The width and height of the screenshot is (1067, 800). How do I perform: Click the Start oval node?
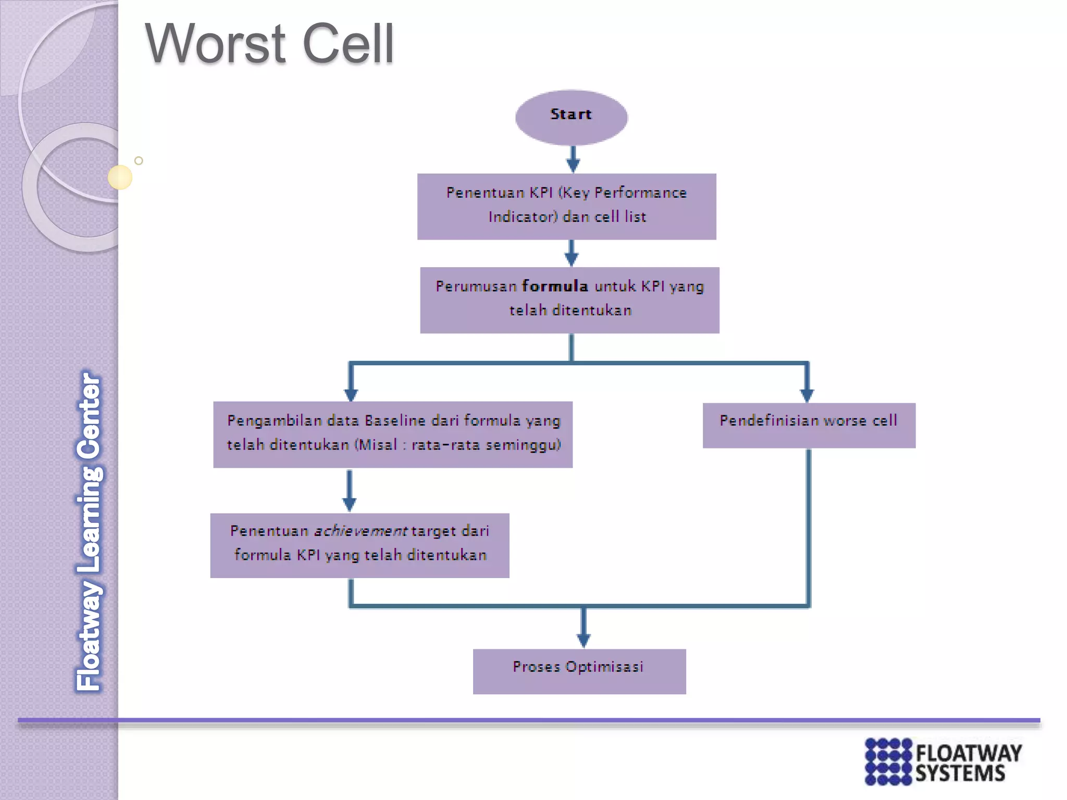point(571,117)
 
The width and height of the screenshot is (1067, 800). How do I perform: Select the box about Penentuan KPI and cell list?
point(566,206)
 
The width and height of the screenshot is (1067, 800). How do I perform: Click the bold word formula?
point(555,286)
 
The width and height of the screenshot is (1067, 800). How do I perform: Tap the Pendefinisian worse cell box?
point(809,425)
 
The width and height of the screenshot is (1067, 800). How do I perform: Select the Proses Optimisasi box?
point(579,671)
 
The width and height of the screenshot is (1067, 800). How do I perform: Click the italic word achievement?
point(360,531)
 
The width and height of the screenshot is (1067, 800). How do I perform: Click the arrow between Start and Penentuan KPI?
point(573,159)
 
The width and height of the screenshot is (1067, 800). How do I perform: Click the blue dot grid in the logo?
point(888,761)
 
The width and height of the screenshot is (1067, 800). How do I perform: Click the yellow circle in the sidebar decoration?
point(120,177)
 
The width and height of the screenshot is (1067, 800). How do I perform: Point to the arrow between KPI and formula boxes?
point(571,253)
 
